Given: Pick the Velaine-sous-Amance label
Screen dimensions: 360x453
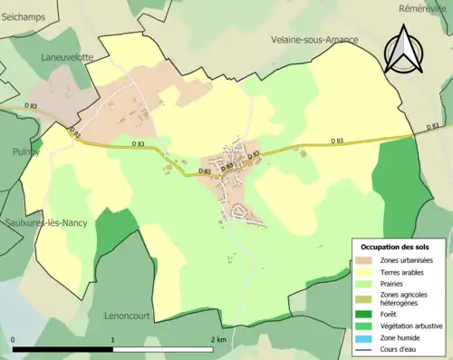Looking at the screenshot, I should [314, 40].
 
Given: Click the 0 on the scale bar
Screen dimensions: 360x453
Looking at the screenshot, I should [14, 339].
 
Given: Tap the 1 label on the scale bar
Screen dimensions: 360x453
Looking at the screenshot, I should [113, 339].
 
